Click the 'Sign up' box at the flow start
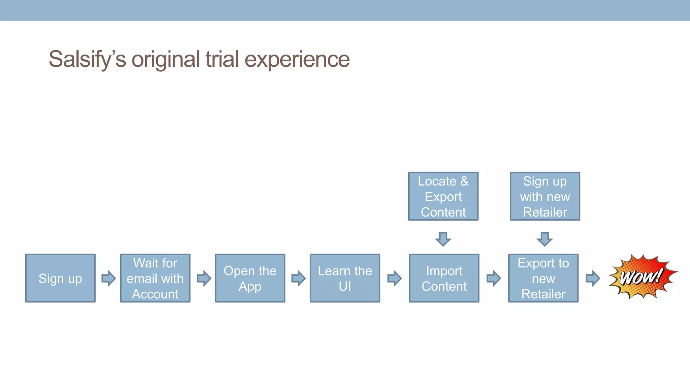pyautogui.click(x=60, y=278)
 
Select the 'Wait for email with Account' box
pyautogui.click(x=155, y=278)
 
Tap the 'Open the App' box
pyautogui.click(x=250, y=278)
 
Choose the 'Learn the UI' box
pyautogui.click(x=345, y=278)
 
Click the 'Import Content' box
pyautogui.click(x=444, y=278)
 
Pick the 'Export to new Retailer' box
pyautogui.click(x=543, y=278)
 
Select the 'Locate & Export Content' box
pyautogui.click(x=443, y=196)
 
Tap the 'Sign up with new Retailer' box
pyautogui.click(x=545, y=196)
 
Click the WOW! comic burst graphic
pyautogui.click(x=642, y=277)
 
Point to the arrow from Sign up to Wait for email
pyautogui.click(x=108, y=278)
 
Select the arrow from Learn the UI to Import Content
pyautogui.click(x=394, y=278)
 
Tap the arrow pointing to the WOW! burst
pyautogui.click(x=593, y=278)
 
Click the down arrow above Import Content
pyautogui.click(x=443, y=239)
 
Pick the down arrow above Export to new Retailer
pyautogui.click(x=544, y=239)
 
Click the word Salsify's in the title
pyautogui.click(x=87, y=60)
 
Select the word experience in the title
pyautogui.click(x=297, y=60)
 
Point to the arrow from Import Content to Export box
pyautogui.click(x=494, y=278)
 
